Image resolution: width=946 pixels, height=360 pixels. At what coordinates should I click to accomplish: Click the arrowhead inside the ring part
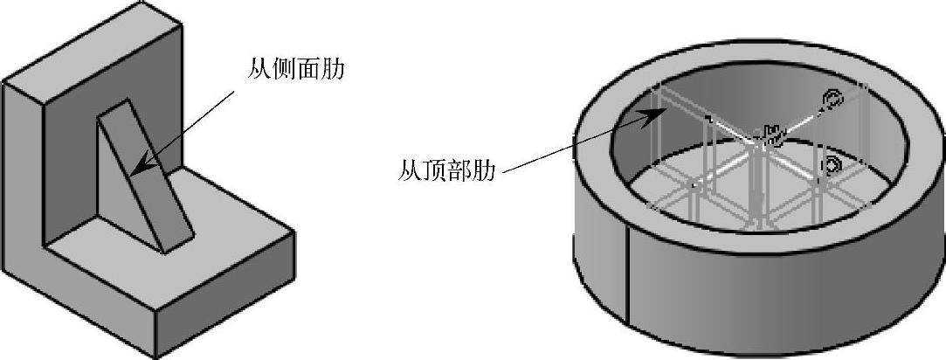[648, 116]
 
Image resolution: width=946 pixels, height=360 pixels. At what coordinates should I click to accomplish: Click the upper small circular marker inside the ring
[832, 100]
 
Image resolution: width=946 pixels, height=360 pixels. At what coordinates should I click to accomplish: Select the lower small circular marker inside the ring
[832, 165]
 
